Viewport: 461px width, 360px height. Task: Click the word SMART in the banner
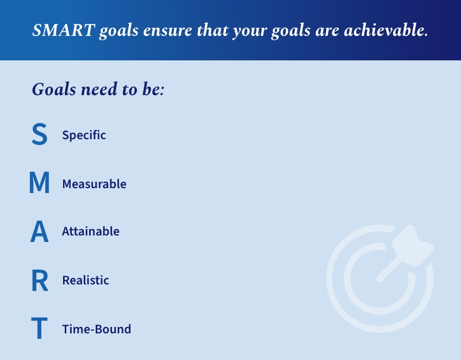tap(64, 30)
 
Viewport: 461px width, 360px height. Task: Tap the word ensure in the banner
tap(167, 30)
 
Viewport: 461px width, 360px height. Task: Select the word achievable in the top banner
tap(386, 30)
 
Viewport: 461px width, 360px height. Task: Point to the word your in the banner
tap(250, 32)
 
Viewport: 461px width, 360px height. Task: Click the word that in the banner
tap(213, 30)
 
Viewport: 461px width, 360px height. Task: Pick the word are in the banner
tap(327, 31)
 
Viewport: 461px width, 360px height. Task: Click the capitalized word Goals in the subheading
tap(54, 89)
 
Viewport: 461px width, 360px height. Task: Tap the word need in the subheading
tap(99, 89)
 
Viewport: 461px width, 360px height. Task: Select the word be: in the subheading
tap(153, 89)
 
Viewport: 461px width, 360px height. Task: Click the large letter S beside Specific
tap(39, 134)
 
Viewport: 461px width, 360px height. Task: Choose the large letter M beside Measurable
tap(39, 182)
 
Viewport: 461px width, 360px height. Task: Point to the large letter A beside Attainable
tap(39, 231)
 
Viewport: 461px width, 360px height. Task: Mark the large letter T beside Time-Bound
tap(39, 328)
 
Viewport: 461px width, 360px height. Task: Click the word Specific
tap(84, 135)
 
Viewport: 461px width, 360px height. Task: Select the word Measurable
tap(95, 184)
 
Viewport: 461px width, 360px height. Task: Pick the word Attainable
tap(91, 231)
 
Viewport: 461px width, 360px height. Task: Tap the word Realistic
tap(85, 280)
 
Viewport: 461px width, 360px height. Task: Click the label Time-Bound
tap(96, 329)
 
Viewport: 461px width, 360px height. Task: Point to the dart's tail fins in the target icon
tap(412, 245)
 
